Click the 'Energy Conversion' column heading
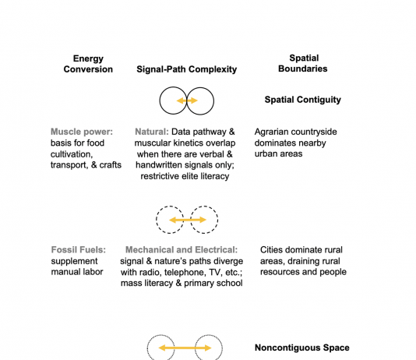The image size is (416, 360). click(x=88, y=64)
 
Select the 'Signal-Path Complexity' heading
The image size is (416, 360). click(x=186, y=69)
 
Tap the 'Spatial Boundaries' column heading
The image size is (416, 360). click(x=303, y=63)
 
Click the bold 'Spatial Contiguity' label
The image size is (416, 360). click(x=303, y=100)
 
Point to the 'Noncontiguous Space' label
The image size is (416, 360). click(x=302, y=348)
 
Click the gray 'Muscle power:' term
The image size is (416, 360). click(x=82, y=132)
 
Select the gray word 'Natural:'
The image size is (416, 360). click(x=152, y=132)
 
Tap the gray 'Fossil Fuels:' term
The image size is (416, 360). click(x=78, y=250)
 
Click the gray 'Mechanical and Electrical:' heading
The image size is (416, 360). click(x=182, y=250)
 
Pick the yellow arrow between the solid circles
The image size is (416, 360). click(x=187, y=101)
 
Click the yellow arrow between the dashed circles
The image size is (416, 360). click(x=187, y=220)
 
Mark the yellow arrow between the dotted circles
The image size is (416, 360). click(x=185, y=348)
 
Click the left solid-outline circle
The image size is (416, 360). click(x=160, y=101)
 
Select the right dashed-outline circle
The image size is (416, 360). click(x=218, y=220)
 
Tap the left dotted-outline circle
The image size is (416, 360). click(x=147, y=348)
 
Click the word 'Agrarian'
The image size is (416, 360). click(x=270, y=132)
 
